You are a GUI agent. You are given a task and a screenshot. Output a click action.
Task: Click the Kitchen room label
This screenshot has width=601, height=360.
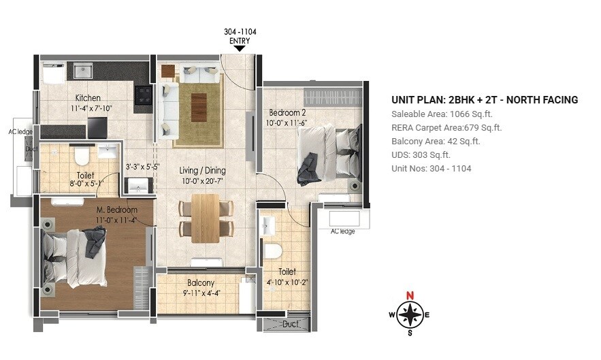click(x=88, y=97)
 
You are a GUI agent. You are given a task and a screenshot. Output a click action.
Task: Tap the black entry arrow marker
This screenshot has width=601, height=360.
click(x=240, y=48)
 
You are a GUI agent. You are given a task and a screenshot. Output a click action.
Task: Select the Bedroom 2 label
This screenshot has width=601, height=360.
click(x=287, y=112)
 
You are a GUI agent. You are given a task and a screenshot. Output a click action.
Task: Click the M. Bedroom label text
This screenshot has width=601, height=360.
click(x=116, y=210)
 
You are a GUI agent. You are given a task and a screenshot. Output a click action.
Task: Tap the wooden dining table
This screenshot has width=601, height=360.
click(x=205, y=218)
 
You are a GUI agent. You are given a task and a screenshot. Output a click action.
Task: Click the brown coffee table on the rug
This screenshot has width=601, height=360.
click(x=199, y=107)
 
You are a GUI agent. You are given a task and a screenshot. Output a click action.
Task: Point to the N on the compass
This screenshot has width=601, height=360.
click(x=410, y=295)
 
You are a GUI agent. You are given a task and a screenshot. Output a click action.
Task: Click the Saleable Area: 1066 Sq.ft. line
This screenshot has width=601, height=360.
click(x=442, y=114)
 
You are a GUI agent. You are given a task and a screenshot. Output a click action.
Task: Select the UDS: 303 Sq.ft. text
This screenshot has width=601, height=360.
click(x=421, y=154)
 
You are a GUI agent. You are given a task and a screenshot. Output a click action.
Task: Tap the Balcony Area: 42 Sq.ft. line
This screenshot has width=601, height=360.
click(x=436, y=141)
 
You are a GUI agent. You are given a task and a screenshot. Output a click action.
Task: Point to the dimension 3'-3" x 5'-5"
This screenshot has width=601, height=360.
click(x=142, y=166)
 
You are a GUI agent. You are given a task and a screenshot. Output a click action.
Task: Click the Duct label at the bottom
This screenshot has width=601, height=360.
click(x=291, y=325)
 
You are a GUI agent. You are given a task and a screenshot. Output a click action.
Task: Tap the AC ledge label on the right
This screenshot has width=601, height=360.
click(x=342, y=232)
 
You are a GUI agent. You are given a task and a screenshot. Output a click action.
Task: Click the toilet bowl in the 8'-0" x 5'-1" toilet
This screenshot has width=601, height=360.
click(x=82, y=157)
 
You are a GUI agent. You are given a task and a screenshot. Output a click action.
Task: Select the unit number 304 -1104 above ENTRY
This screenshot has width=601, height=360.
click(x=240, y=32)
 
